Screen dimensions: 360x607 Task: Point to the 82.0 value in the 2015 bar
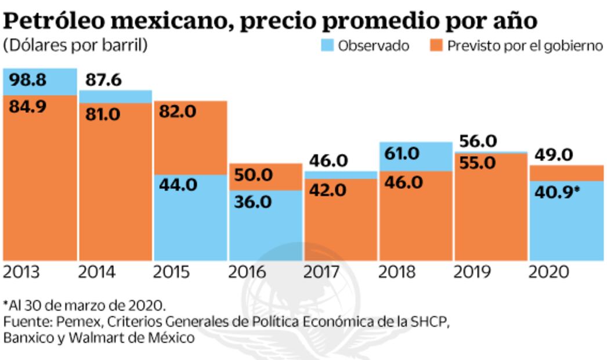click(x=178, y=113)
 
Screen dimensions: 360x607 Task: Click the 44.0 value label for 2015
click(x=178, y=185)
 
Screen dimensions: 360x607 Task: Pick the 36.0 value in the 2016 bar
click(x=252, y=201)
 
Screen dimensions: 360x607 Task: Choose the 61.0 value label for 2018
click(x=402, y=154)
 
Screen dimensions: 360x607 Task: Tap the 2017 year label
click(x=323, y=272)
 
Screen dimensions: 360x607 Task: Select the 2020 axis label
click(x=549, y=272)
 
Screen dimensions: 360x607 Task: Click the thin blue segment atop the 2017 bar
click(x=340, y=175)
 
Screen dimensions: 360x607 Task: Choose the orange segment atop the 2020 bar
click(x=566, y=173)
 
